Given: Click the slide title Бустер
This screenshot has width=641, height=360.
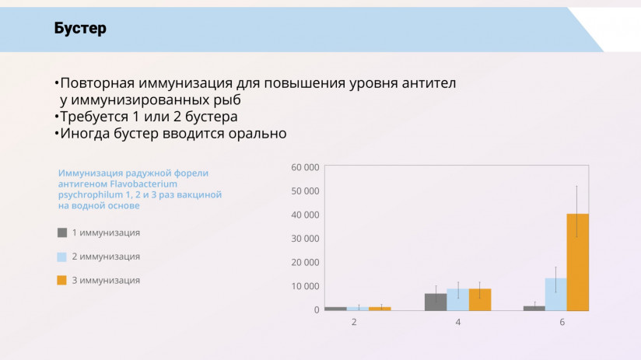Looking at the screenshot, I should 80,29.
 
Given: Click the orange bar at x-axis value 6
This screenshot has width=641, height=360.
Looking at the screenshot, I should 577,262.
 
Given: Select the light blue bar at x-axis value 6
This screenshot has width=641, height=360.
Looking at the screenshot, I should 555,294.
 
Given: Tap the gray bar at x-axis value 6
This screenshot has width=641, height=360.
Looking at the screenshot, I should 534,308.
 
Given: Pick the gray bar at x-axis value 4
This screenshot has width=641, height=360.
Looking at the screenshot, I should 436,302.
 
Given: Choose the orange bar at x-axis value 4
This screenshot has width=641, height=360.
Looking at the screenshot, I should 480,299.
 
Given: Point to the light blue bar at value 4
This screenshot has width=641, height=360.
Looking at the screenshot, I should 457,299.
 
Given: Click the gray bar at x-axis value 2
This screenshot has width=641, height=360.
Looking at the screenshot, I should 335,309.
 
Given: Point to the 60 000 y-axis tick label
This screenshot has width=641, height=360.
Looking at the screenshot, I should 305,167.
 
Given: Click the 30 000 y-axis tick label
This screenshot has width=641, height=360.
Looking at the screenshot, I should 305,238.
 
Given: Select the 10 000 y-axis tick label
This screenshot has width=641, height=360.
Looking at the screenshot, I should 305,286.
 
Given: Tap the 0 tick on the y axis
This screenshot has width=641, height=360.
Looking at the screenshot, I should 316,309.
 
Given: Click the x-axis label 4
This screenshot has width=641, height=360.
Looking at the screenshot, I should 458,322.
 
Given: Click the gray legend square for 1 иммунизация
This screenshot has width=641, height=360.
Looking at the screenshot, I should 62,232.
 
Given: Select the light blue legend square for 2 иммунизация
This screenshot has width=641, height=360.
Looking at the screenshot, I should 62,256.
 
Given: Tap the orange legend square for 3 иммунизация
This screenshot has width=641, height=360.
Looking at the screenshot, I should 62,280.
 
